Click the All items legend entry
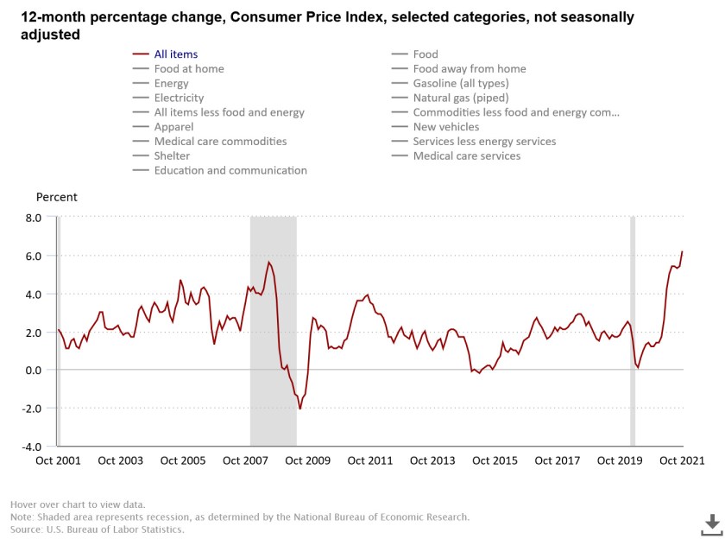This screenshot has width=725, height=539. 176,54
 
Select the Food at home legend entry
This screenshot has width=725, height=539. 189,69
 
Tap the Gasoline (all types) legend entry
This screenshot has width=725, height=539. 461,83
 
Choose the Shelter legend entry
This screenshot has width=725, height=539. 172,155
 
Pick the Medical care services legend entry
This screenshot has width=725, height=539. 467,155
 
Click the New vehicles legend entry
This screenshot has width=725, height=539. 446,127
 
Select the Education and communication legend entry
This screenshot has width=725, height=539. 230,170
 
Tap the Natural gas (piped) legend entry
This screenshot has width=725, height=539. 461,98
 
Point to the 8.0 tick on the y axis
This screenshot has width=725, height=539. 33,218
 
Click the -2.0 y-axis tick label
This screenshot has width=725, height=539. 32,409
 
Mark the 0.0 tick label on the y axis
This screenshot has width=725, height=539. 33,371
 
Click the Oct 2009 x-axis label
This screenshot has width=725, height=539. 307,460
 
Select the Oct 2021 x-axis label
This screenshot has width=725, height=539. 682,460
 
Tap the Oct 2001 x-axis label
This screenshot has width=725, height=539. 58,460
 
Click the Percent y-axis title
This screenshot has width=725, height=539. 56,197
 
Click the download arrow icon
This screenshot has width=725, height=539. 711,523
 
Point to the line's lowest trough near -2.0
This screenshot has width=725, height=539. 300,409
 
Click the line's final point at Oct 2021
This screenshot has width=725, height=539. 682,251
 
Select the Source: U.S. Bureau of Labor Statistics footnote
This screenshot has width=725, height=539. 97,529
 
